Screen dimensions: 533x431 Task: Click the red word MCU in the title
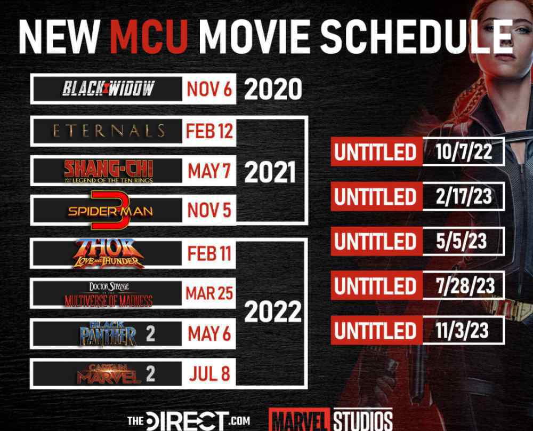(149, 37)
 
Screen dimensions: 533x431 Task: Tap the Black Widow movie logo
(108, 89)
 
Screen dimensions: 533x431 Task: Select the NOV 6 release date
(209, 89)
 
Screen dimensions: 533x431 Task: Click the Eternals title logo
(109, 131)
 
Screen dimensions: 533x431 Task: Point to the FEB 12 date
(209, 131)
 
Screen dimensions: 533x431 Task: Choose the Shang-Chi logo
(108, 171)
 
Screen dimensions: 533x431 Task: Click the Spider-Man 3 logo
(110, 210)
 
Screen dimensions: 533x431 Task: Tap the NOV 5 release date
(209, 210)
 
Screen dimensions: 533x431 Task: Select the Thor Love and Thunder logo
(109, 253)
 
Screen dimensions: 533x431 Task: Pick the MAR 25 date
(209, 293)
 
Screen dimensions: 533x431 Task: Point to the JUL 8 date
(209, 373)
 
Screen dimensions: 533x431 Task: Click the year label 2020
(273, 89)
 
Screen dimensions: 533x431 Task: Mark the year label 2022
(273, 312)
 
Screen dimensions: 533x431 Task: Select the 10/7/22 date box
(464, 151)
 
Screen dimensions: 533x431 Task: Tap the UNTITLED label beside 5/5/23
(375, 241)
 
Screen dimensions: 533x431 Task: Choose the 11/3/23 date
(462, 330)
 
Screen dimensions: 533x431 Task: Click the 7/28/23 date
(465, 286)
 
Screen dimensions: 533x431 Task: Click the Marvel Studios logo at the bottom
(331, 419)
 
